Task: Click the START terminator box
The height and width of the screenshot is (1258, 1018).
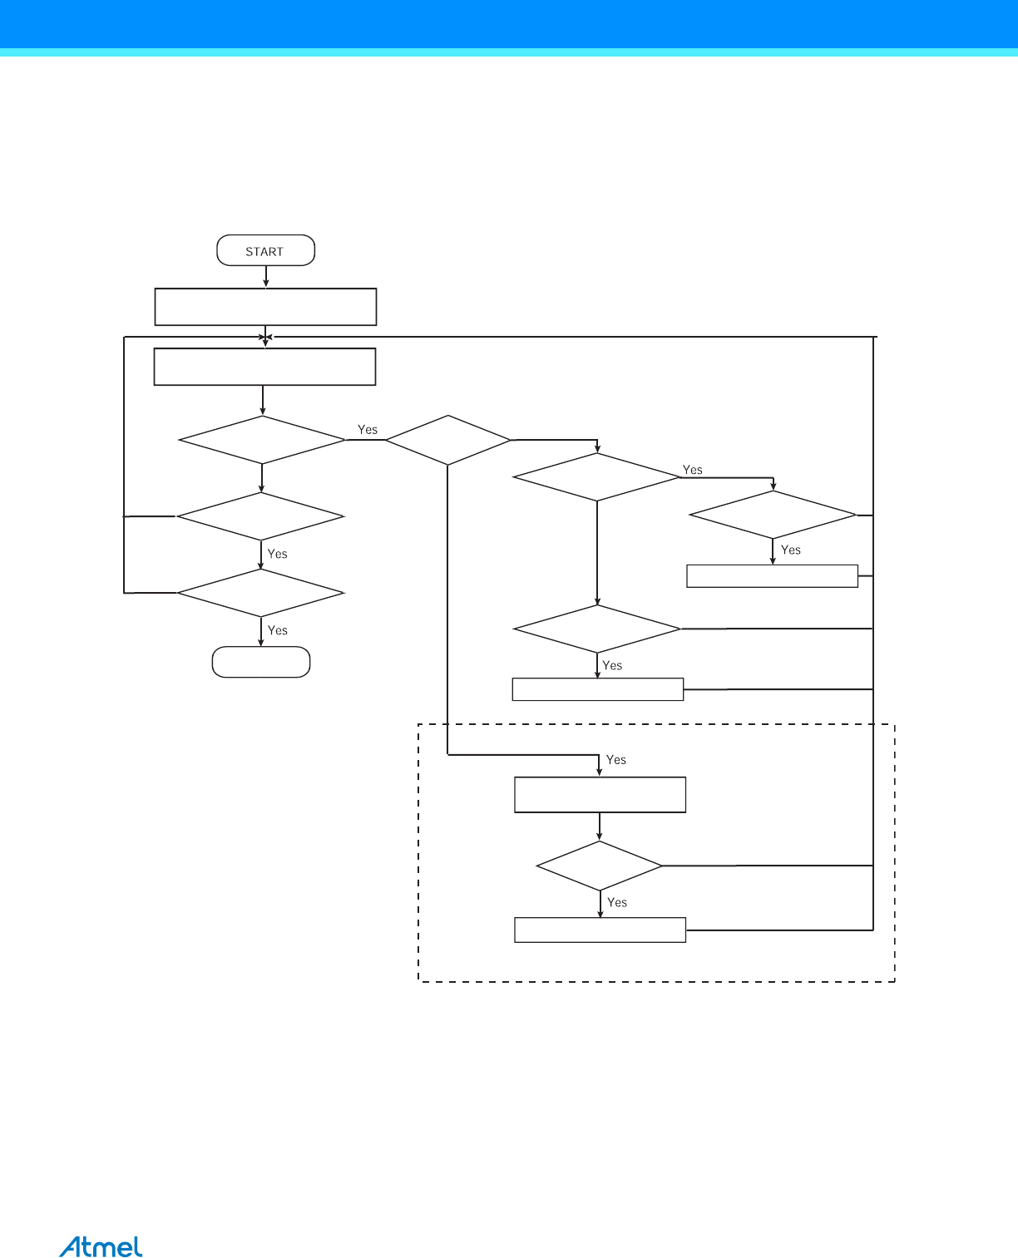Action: [265, 250]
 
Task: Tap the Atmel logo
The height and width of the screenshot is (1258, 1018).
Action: [101, 1247]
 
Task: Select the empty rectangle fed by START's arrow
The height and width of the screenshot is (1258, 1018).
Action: [265, 307]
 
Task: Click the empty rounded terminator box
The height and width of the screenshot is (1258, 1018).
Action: [261, 662]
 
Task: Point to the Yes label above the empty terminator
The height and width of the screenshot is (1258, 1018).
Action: [277, 630]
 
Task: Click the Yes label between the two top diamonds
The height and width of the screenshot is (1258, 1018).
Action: [367, 429]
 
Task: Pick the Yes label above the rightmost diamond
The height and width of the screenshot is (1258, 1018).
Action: [692, 470]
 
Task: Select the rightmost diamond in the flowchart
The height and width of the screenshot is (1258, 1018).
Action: [772, 515]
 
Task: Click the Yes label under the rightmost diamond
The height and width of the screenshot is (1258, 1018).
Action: [791, 550]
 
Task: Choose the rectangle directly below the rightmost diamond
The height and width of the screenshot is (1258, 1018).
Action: [772, 576]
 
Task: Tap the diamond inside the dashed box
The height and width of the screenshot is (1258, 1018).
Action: [599, 866]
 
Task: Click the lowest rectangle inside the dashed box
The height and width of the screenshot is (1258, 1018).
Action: [600, 930]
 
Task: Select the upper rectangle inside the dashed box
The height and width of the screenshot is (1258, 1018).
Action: [600, 794]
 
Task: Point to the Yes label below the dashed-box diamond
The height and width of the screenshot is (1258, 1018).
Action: [617, 902]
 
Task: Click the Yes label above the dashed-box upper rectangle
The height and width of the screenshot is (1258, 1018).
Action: [615, 759]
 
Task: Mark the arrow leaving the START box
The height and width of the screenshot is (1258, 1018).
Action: [266, 276]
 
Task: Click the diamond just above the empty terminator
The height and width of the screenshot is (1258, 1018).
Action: [260, 592]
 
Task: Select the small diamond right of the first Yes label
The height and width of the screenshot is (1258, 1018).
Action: [447, 439]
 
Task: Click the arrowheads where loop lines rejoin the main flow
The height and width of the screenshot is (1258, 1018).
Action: [265, 338]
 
